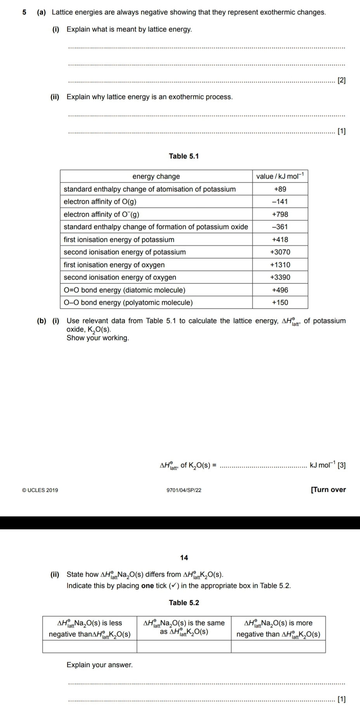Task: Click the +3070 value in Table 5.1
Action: pyautogui.click(x=280, y=252)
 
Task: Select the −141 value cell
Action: pyautogui.click(x=280, y=202)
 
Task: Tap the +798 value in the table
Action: pyautogui.click(x=280, y=214)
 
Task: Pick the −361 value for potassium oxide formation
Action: pyautogui.click(x=280, y=227)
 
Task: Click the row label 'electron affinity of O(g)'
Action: pyautogui.click(x=100, y=202)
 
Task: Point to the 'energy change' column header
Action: pyautogui.click(x=156, y=177)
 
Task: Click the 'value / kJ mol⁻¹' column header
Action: pyautogui.click(x=280, y=177)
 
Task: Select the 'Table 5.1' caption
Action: pyautogui.click(x=184, y=156)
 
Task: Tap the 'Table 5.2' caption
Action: pyautogui.click(x=184, y=603)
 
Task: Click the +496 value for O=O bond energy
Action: pyautogui.click(x=280, y=290)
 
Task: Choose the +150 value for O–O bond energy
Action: pyautogui.click(x=280, y=303)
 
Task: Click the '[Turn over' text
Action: pyautogui.click(x=328, y=490)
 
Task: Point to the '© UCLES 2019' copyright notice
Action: pyautogui.click(x=40, y=490)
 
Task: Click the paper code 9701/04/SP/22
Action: pyautogui.click(x=184, y=490)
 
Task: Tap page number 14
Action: pyautogui.click(x=184, y=558)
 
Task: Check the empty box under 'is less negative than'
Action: pyautogui.click(x=90, y=647)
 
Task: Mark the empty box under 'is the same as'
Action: pyautogui.click(x=184, y=647)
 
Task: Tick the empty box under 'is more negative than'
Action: pyautogui.click(x=278, y=647)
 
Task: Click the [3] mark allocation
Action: pyautogui.click(x=342, y=465)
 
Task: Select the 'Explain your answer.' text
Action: pyautogui.click(x=100, y=665)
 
